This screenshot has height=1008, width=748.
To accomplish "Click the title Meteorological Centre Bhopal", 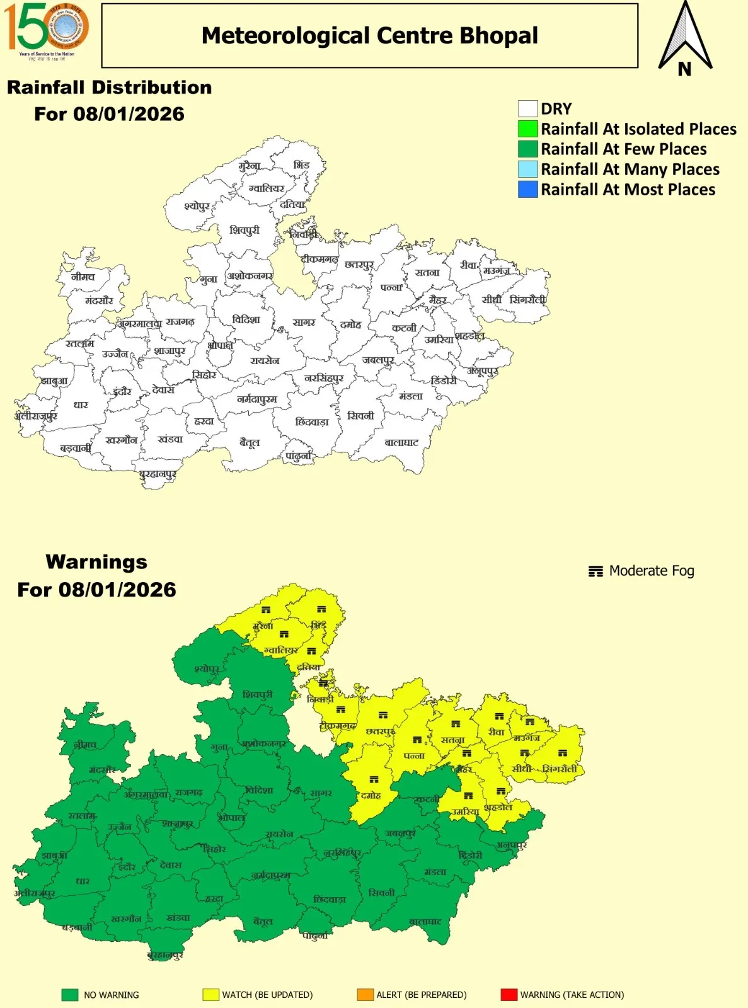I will [369, 36].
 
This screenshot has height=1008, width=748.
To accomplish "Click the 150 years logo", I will [47, 29].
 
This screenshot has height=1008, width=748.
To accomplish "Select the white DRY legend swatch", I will [527, 109].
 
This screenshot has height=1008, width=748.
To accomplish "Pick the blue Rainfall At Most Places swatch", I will [527, 190].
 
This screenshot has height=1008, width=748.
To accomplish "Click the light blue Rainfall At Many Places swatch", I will [527, 169].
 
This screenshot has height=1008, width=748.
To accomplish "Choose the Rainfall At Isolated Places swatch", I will [527, 129].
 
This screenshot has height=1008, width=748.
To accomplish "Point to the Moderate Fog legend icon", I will [596, 571].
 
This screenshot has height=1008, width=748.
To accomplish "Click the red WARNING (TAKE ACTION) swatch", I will [509, 995].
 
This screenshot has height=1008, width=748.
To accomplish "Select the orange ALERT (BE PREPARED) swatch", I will [365, 995].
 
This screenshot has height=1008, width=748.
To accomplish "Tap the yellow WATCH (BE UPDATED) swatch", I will [210, 995].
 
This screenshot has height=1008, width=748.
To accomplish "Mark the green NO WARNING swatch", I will [70, 995].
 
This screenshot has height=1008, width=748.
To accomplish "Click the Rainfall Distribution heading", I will [109, 88].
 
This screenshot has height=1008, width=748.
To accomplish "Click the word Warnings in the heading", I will [96, 562].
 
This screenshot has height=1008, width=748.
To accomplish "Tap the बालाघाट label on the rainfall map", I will [401, 443].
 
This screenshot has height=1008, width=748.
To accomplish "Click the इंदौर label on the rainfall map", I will [122, 392].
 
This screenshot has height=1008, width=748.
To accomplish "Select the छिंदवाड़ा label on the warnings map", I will [330, 900].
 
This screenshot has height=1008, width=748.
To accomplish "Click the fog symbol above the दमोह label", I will [374, 780].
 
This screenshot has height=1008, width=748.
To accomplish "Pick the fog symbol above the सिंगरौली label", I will [563, 753].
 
